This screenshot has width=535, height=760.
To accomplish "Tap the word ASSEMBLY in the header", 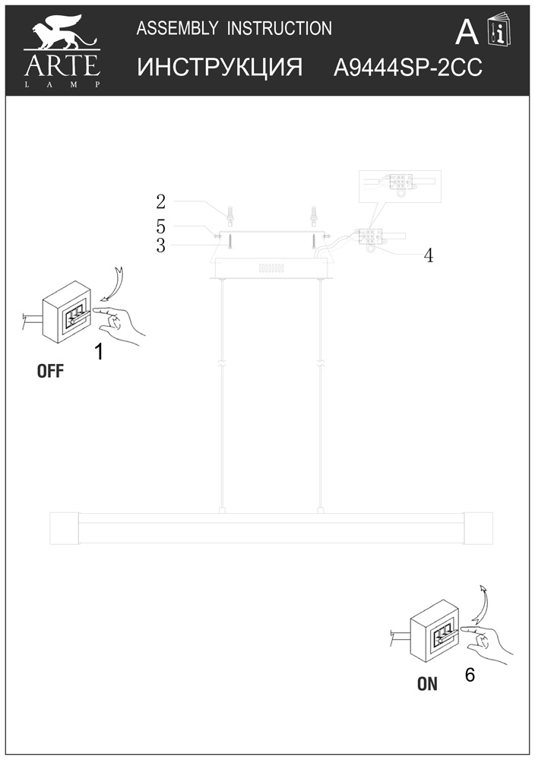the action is [x=177, y=29].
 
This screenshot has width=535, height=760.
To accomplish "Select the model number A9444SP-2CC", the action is [x=408, y=68].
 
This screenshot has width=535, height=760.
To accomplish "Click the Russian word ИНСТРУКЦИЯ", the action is [x=220, y=67].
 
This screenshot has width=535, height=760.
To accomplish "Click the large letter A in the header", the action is [x=467, y=33].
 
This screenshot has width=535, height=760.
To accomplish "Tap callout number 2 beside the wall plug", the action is [x=161, y=201].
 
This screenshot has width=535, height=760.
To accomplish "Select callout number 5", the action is [x=161, y=226].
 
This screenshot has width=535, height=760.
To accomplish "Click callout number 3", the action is [x=161, y=245].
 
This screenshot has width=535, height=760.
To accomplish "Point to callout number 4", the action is [x=429, y=256].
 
